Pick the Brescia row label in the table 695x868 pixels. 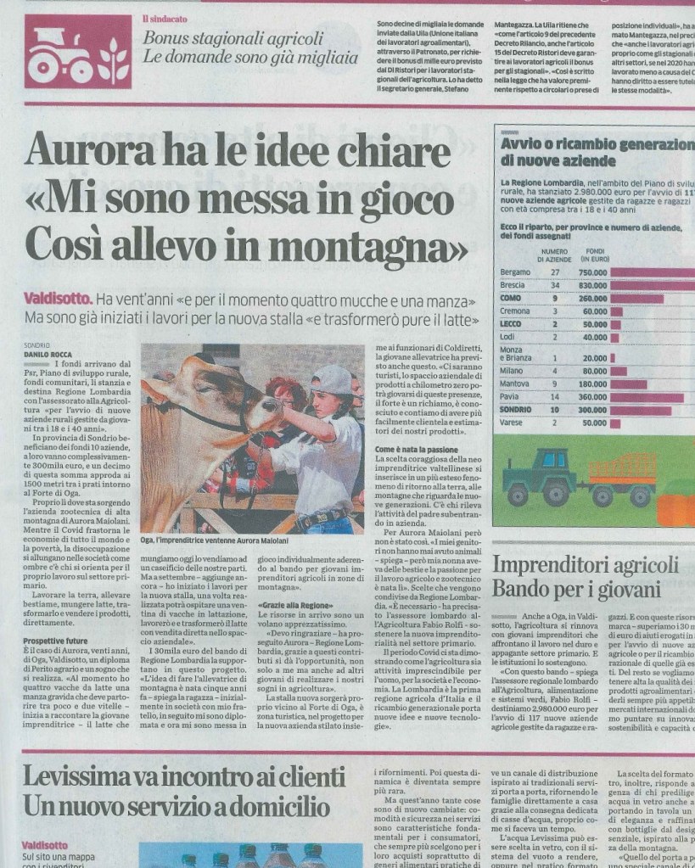514,285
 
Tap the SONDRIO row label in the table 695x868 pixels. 518,409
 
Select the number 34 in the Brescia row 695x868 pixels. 555,285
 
